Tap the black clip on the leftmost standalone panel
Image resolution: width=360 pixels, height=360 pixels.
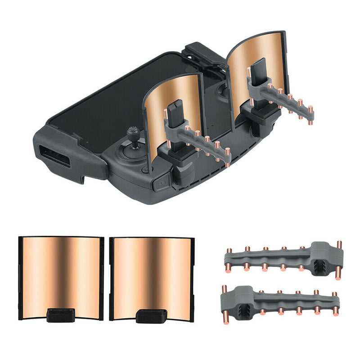(x=61, y=314)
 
